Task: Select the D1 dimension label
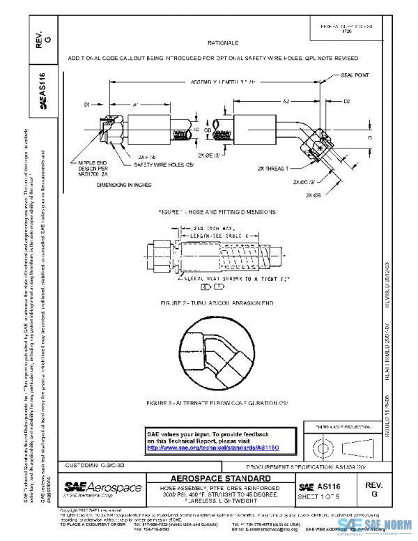[88, 105]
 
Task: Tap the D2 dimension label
[346, 102]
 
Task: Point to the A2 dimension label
[286, 102]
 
